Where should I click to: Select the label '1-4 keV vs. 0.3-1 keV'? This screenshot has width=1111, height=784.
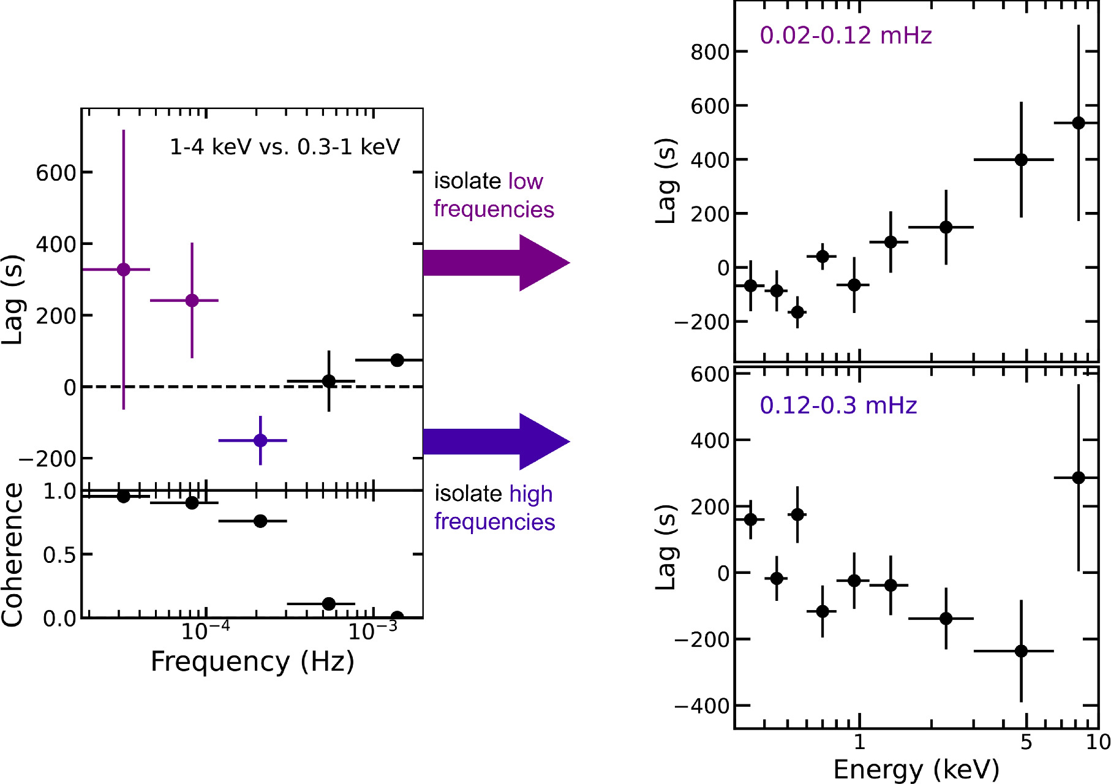tap(285, 147)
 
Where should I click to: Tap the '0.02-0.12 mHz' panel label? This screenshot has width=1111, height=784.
tap(845, 36)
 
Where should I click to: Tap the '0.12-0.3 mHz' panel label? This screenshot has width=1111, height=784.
tap(838, 405)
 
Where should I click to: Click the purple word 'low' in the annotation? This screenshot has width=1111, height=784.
tap(525, 181)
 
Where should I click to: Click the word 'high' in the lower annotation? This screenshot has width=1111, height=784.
tap(530, 494)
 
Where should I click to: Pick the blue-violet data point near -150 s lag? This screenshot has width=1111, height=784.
tap(260, 440)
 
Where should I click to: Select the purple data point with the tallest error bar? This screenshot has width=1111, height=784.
tap(124, 269)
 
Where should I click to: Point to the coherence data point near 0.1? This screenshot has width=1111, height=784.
tap(329, 604)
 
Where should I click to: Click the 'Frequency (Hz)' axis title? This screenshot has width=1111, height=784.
tap(252, 662)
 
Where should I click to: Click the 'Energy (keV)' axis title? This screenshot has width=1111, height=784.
tap(916, 769)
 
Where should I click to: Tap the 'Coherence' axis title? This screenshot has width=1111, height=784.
tap(12, 554)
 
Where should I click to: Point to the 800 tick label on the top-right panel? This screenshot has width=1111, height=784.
tap(710, 53)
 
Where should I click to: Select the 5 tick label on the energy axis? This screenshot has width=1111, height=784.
tap(1026, 742)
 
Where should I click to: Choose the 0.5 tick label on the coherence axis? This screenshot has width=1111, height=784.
tap(59, 555)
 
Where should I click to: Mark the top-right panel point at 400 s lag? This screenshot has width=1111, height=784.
tap(1021, 160)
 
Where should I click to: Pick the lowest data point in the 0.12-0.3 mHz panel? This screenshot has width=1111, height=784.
tap(1021, 651)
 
